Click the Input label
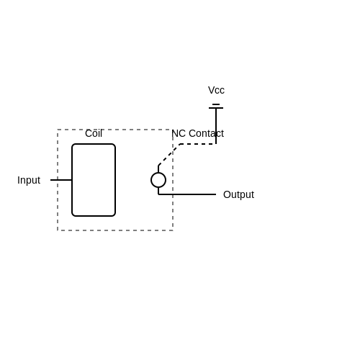(x=29, y=180)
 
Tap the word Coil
(x=94, y=133)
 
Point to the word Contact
(x=207, y=133)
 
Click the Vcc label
(x=216, y=90)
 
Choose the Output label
(x=238, y=194)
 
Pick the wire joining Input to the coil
(x=61, y=180)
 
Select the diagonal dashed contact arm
(x=169, y=155)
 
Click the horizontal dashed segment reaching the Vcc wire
(x=198, y=144)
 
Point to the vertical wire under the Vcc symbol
(x=216, y=126)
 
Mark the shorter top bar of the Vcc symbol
(x=216, y=104)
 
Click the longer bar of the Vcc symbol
(x=216, y=108)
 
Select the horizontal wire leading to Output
(x=187, y=194)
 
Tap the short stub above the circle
(x=158, y=169)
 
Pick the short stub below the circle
(x=158, y=191)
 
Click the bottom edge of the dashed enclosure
(x=115, y=230)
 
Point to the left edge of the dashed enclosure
(x=58, y=180)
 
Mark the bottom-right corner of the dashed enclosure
(x=173, y=230)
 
